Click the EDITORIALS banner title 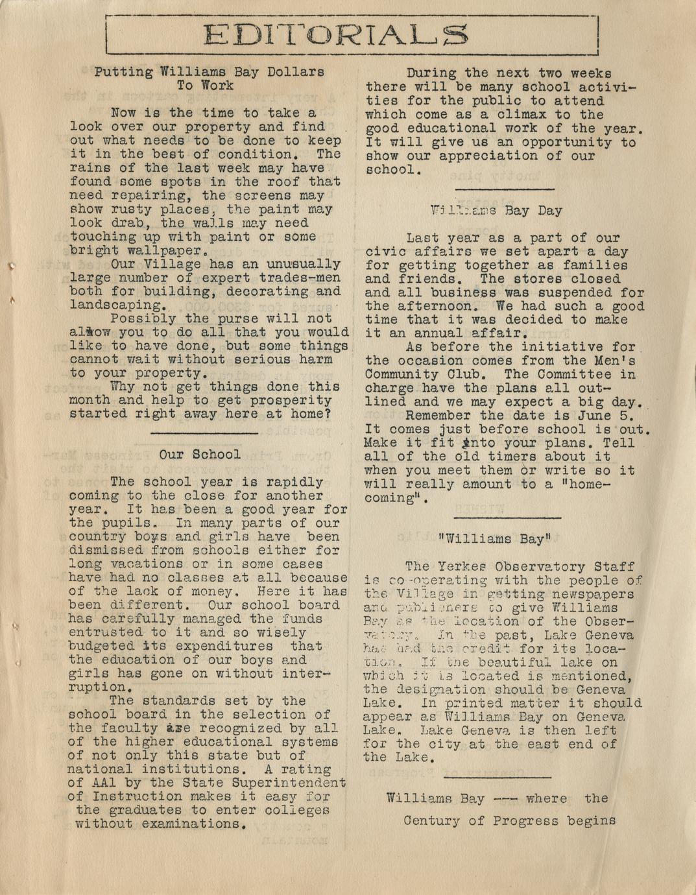click(335, 34)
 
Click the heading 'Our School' click(199, 455)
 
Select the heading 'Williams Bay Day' click(496, 210)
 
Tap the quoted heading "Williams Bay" click(494, 538)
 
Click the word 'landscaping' click(117, 305)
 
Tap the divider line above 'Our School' click(204, 433)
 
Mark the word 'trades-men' click(302, 278)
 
